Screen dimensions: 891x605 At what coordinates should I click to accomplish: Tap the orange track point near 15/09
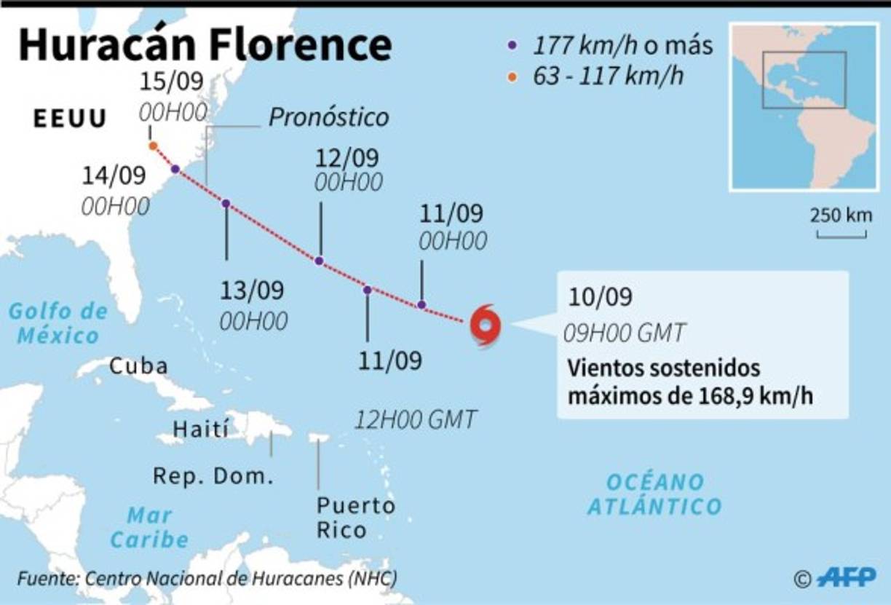[x=153, y=146]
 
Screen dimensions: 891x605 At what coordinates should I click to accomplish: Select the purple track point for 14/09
[x=175, y=170]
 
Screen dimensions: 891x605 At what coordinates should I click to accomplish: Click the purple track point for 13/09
[x=226, y=204]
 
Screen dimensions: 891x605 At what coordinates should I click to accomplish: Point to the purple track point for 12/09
[x=319, y=261]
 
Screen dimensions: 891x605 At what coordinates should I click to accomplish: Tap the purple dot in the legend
[x=512, y=45]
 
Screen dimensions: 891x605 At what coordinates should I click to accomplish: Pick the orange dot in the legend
[x=512, y=76]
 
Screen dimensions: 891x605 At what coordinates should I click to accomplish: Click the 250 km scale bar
[x=841, y=234]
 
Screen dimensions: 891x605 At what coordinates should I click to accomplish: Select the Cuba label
[x=138, y=365]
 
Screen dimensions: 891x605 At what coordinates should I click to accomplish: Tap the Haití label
[x=200, y=428]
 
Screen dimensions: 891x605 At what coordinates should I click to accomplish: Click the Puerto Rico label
[x=355, y=517]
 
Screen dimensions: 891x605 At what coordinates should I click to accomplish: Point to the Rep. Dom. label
[x=213, y=476]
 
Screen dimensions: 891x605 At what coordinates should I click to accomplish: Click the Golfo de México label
[x=58, y=324]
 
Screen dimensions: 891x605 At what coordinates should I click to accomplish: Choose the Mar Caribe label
[x=149, y=528]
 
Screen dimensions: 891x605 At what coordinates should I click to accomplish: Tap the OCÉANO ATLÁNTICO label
[x=654, y=494]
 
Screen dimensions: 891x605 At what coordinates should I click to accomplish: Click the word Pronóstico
[x=328, y=117]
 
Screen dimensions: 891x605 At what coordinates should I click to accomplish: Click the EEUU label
[x=70, y=119]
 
